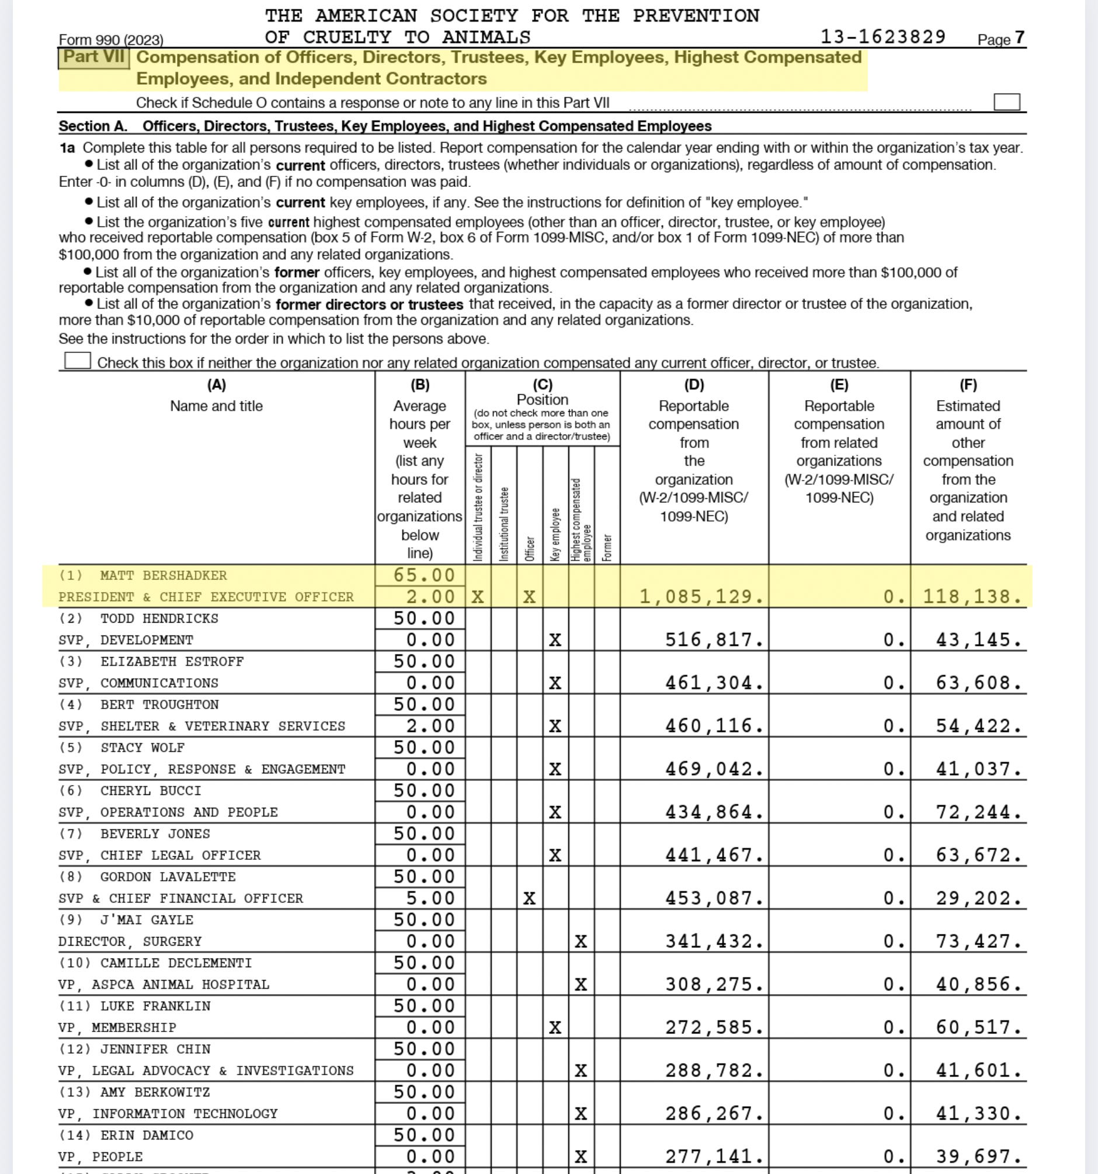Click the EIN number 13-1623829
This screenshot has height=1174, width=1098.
tap(883, 37)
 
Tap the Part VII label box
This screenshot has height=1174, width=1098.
tap(94, 58)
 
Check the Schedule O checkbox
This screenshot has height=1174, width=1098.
tap(1006, 102)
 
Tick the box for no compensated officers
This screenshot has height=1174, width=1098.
tap(77, 360)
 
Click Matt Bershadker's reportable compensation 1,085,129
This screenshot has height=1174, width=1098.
tap(701, 596)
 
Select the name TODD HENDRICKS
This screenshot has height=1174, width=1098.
tap(159, 619)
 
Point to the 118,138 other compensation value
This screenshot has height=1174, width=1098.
tap(972, 596)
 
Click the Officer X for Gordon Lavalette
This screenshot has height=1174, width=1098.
tap(529, 898)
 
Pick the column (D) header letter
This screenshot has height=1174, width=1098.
tap(694, 385)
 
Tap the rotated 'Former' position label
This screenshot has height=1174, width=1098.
tap(607, 547)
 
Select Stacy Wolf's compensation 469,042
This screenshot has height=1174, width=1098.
tap(714, 769)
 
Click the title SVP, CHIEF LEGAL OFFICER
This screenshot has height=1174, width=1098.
tap(159, 855)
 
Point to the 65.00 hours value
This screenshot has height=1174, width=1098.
tap(424, 575)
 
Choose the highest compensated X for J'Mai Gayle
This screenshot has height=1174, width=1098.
tap(581, 942)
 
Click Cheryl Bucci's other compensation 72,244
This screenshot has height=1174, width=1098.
tap(978, 812)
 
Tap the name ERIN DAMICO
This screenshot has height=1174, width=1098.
tap(147, 1135)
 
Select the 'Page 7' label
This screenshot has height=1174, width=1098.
tap(1000, 39)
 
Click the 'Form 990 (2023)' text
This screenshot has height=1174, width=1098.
tap(111, 40)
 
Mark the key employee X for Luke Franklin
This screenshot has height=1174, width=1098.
tap(555, 1027)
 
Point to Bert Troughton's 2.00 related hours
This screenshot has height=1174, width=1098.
tap(430, 726)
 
